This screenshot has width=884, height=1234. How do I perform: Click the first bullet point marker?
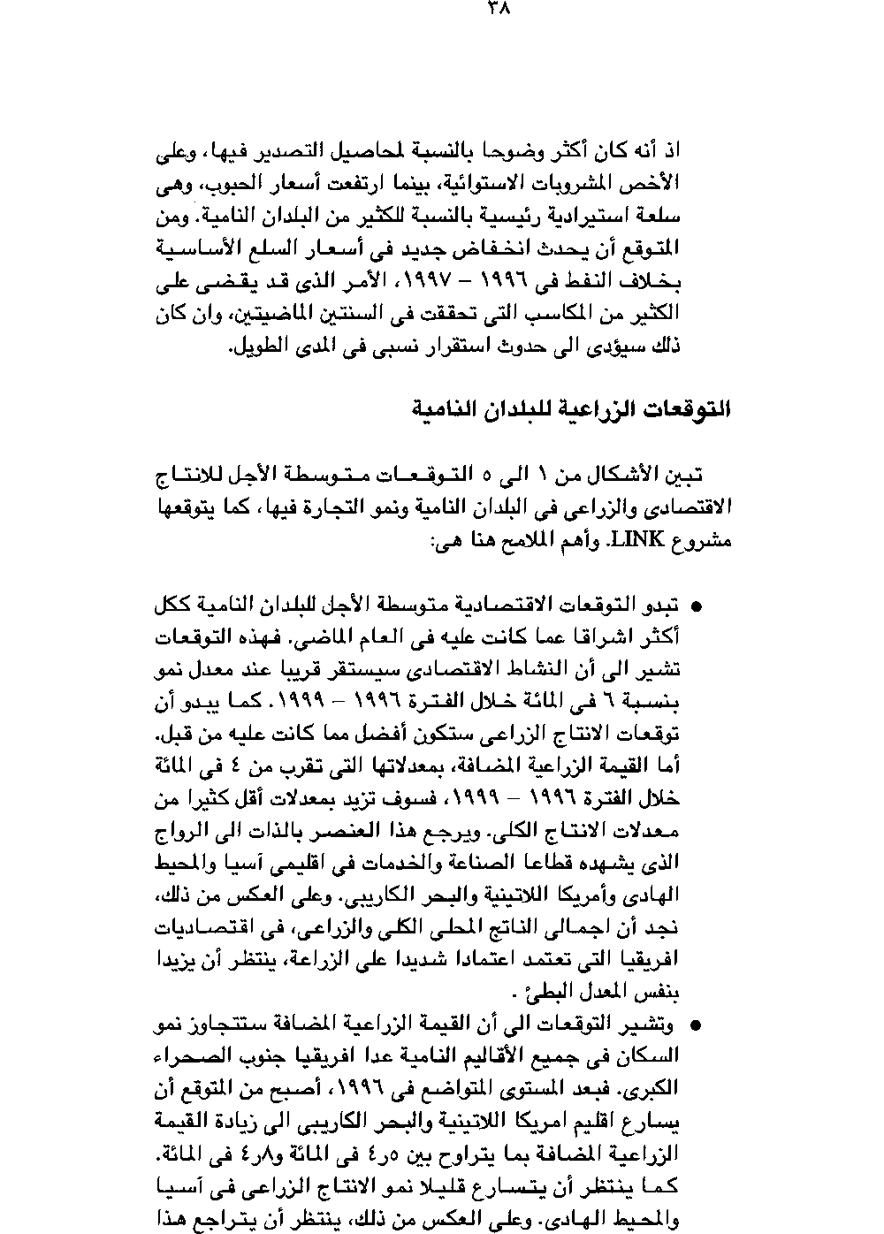click(x=696, y=608)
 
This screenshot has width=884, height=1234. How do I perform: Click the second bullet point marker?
click(x=696, y=1026)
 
